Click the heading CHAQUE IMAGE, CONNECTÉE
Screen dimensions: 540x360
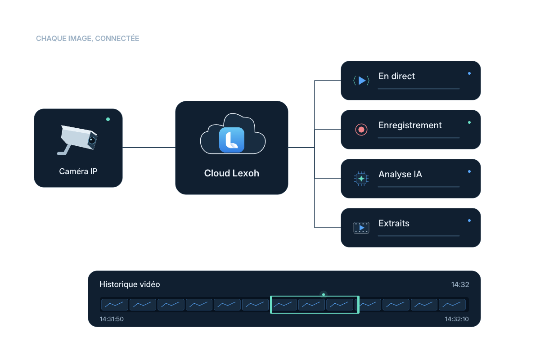click(87, 38)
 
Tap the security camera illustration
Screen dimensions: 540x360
click(77, 140)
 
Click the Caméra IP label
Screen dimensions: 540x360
click(78, 171)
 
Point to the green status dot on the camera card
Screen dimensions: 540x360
click(108, 119)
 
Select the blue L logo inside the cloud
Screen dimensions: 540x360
click(232, 140)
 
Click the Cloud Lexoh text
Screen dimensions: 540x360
click(232, 173)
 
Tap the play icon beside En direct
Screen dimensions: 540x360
click(361, 81)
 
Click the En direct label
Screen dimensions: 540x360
click(396, 76)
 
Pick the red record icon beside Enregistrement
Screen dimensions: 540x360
click(361, 130)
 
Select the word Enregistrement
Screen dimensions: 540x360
click(410, 126)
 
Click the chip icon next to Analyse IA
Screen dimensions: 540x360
click(361, 179)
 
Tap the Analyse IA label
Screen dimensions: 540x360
click(400, 174)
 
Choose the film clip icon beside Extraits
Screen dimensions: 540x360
click(361, 228)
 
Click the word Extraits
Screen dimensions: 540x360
click(394, 223)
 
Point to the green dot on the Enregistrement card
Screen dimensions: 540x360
click(469, 122)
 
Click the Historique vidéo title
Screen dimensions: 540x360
click(130, 284)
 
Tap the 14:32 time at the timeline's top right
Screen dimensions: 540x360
click(460, 285)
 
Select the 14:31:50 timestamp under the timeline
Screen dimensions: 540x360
click(112, 319)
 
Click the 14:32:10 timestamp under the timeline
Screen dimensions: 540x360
click(457, 319)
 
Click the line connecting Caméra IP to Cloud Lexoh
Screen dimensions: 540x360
click(149, 148)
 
